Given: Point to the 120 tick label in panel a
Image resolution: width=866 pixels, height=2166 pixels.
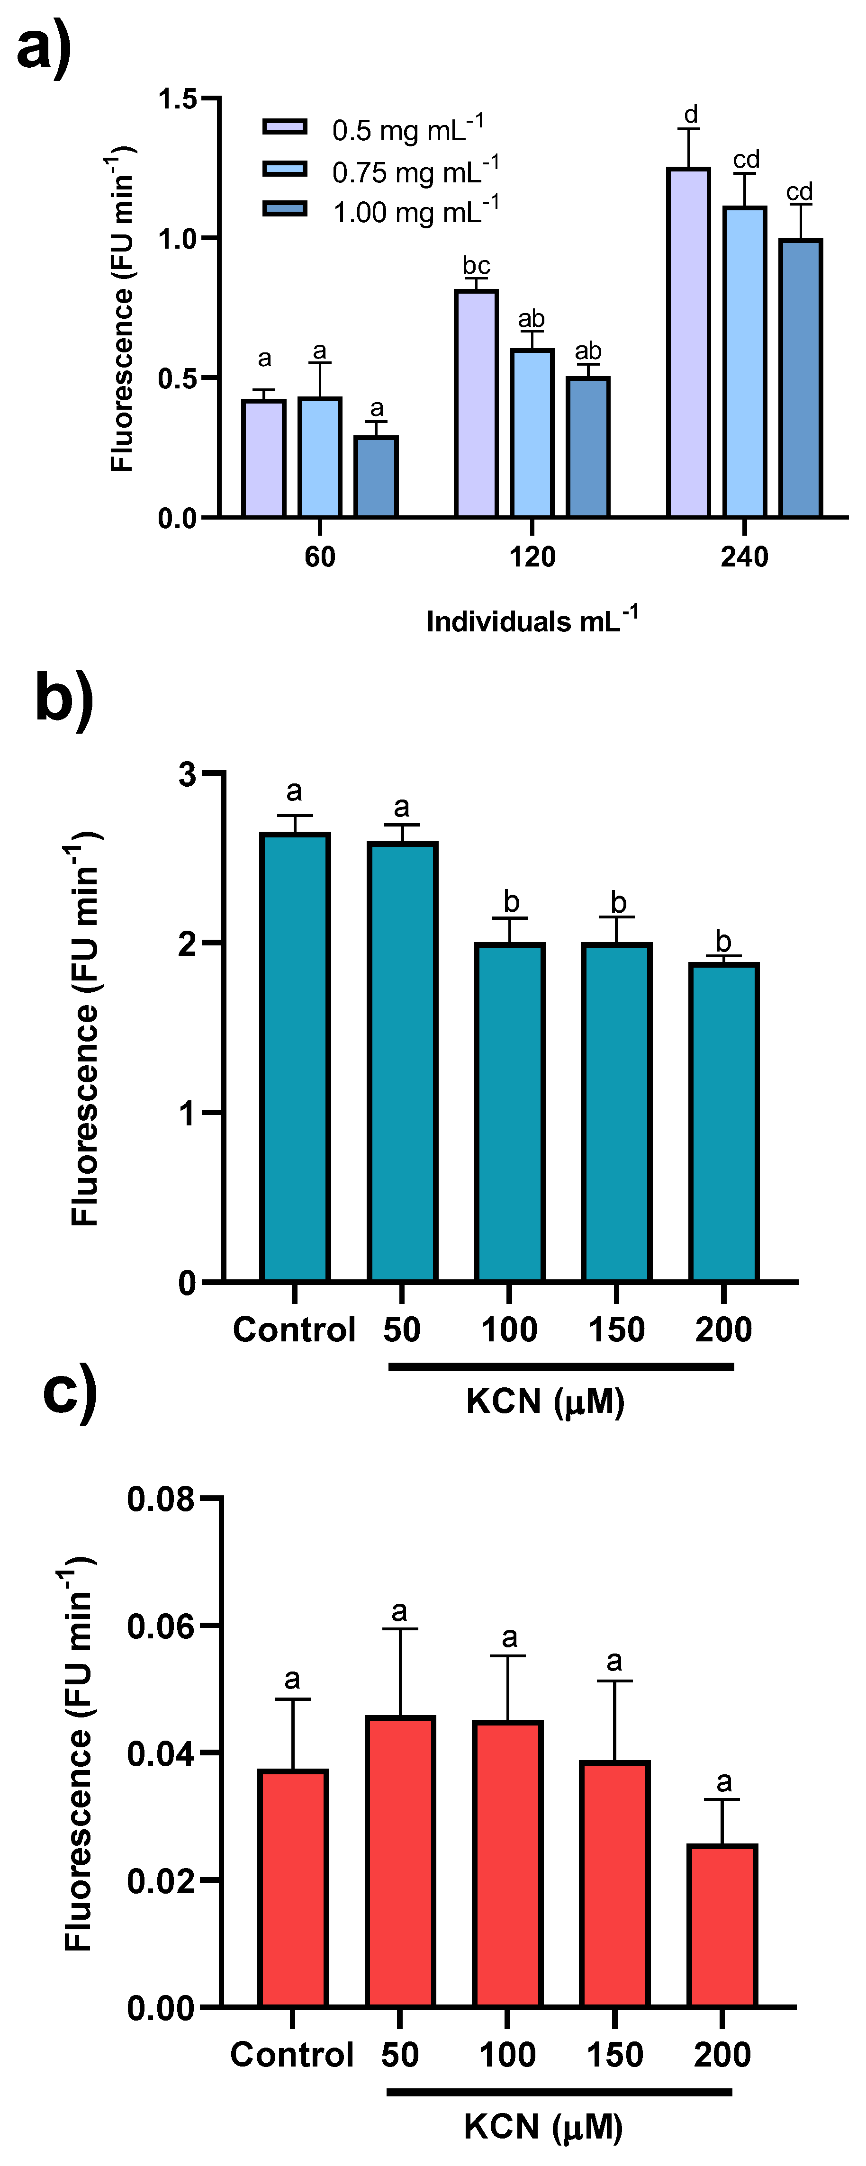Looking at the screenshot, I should coord(532,557).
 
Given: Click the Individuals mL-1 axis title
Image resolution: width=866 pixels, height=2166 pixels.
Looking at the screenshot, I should coord(532,620).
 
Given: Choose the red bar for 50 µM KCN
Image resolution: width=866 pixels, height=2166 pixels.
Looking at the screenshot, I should coord(400,1861).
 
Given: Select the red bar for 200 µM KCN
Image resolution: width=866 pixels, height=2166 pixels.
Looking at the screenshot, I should coord(722,1925).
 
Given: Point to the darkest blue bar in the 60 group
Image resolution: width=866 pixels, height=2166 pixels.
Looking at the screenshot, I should coord(376,476).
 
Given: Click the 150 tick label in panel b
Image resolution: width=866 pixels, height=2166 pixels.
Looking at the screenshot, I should coord(616,1330).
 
